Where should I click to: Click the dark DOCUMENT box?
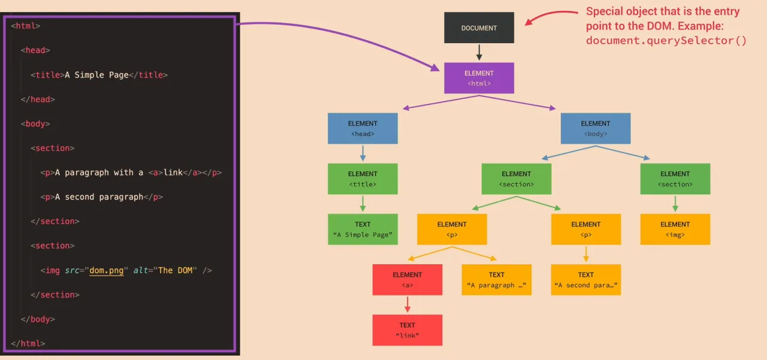[x=479, y=28]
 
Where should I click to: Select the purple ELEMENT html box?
[x=479, y=78]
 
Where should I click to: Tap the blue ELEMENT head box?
[x=363, y=128]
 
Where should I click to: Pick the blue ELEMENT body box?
[x=595, y=128]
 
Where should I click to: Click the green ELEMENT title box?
[x=363, y=179]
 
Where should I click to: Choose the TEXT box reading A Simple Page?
[x=363, y=229]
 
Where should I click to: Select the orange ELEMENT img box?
[x=675, y=229]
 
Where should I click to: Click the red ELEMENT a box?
[x=407, y=279]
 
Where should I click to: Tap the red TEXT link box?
[x=407, y=330]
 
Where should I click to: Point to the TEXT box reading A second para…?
[x=585, y=279]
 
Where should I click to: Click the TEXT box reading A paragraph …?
[x=496, y=279]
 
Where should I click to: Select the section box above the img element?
[x=675, y=179]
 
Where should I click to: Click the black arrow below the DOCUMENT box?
[x=479, y=52]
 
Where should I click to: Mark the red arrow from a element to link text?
[x=407, y=304]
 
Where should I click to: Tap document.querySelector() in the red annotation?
[x=666, y=41]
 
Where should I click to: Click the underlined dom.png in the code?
[x=107, y=270]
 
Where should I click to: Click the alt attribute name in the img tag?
[x=141, y=270]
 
